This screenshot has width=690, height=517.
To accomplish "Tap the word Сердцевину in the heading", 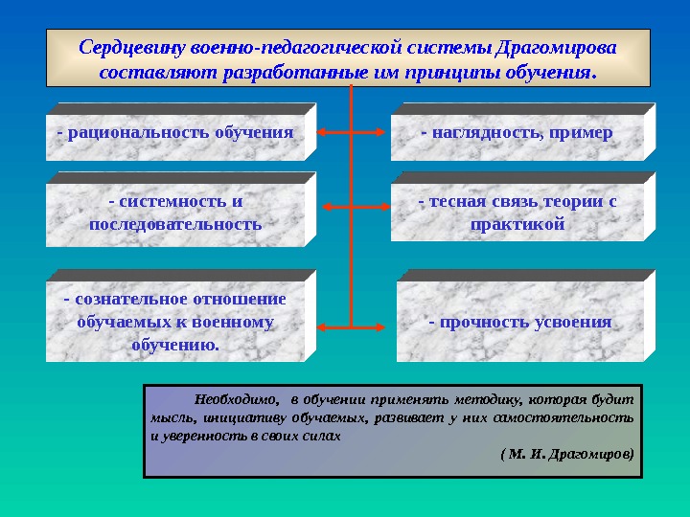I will pyautogui.click(x=132, y=48).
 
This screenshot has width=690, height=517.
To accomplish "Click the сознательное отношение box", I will pyautogui.click(x=174, y=321).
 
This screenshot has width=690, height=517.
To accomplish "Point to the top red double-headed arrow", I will pyautogui.click(x=353, y=132).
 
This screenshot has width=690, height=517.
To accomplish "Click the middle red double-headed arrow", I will pyautogui.click(x=353, y=206).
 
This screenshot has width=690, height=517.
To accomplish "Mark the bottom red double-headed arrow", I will pyautogui.click(x=353, y=327).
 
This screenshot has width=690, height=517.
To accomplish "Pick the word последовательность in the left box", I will pyautogui.click(x=174, y=224).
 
